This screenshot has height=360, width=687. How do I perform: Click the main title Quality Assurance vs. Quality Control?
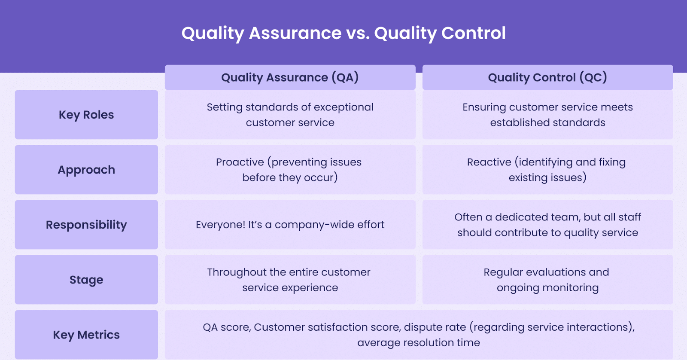(x=343, y=33)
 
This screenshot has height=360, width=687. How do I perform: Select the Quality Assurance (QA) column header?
(x=290, y=77)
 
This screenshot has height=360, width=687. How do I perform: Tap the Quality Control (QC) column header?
(x=547, y=77)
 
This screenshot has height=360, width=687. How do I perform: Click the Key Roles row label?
(x=86, y=115)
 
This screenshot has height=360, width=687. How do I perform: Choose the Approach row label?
(x=86, y=170)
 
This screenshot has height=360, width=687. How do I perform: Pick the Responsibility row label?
(x=86, y=225)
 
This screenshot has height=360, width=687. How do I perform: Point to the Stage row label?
(x=86, y=280)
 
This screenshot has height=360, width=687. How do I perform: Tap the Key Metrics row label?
(x=86, y=335)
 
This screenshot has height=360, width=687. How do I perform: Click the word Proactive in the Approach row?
(x=240, y=162)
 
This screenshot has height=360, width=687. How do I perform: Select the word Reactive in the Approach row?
(x=489, y=162)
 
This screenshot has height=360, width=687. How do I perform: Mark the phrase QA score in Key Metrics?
(x=226, y=327)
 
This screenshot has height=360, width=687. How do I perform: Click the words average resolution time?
(x=419, y=343)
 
